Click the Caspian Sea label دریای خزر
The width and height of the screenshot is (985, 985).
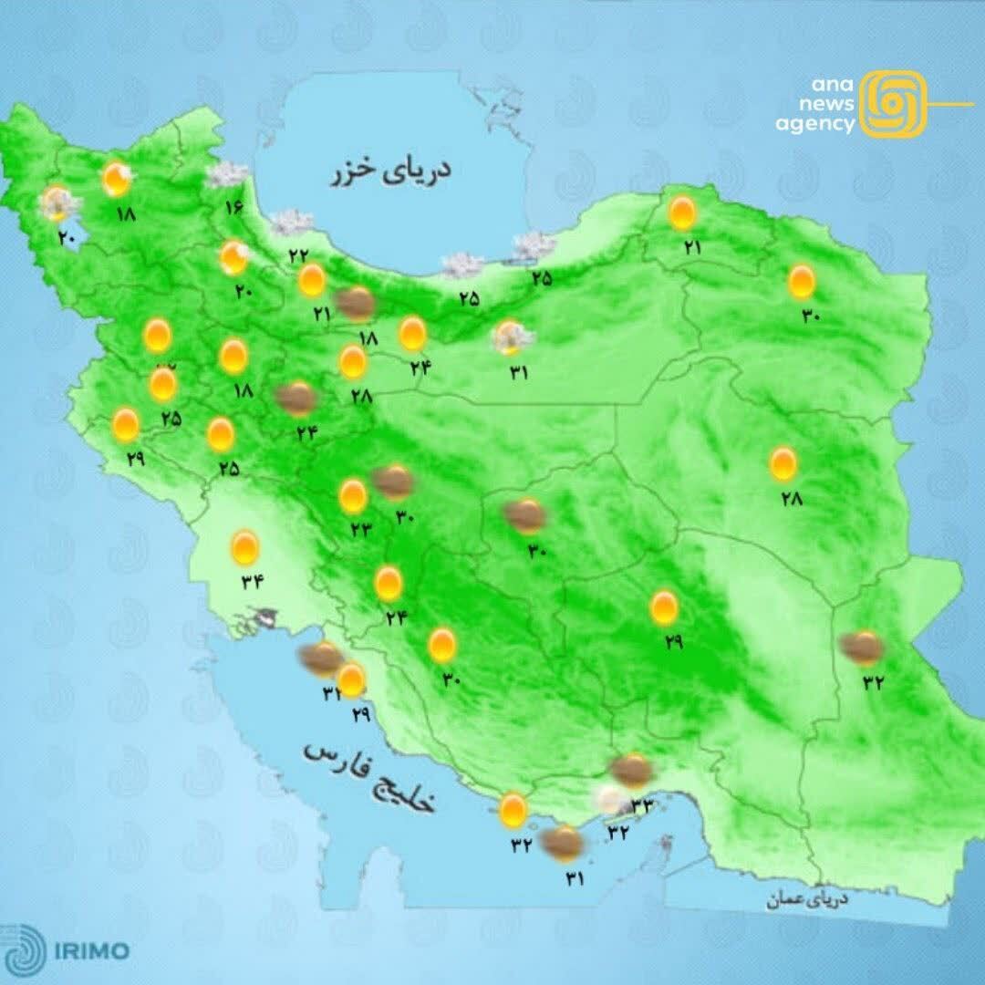click(x=392, y=171)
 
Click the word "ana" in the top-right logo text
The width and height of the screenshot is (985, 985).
click(x=833, y=85)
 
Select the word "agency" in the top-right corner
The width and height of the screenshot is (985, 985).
click(x=815, y=124)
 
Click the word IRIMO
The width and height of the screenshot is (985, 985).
click(x=90, y=951)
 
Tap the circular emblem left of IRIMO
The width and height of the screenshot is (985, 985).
click(x=26, y=949)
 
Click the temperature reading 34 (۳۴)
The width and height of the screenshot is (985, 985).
click(x=252, y=583)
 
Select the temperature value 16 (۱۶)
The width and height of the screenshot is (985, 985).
click(x=234, y=207)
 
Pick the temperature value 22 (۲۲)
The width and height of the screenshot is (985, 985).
click(x=298, y=256)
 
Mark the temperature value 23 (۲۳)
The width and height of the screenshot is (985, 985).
click(x=360, y=528)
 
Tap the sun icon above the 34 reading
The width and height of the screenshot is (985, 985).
click(x=244, y=547)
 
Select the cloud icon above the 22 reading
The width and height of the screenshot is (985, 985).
click(x=292, y=222)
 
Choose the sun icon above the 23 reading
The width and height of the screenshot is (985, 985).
click(x=354, y=497)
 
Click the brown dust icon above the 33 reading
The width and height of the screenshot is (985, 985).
click(x=631, y=771)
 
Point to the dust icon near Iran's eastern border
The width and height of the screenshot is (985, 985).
click(x=862, y=648)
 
